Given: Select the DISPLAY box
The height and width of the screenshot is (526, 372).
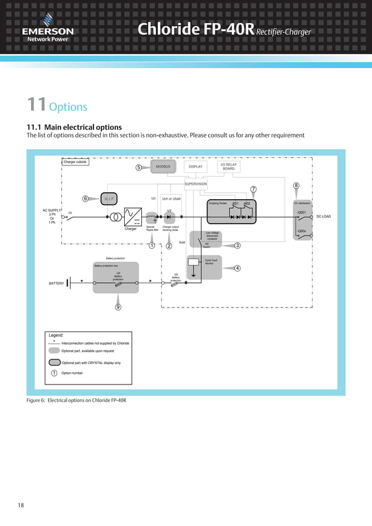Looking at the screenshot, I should coord(196,167).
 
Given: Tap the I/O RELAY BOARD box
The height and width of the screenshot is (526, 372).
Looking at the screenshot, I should coord(229,167).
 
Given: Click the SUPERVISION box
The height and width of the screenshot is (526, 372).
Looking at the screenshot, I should coord(195,184).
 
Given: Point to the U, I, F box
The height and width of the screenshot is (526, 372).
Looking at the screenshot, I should coord(108,199).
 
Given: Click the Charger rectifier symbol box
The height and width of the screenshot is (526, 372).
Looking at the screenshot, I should coord(134,217).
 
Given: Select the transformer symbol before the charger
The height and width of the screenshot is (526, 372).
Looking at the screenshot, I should coord(117,217).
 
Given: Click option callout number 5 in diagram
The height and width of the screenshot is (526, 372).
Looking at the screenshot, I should coord(139,168).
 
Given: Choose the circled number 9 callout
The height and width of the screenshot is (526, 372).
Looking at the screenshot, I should coord(118,307).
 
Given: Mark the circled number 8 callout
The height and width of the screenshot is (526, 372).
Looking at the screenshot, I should coord(296,186).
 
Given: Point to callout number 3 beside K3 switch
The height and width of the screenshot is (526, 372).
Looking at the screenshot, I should coord(237,245).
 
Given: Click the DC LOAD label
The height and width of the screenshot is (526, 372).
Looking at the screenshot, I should coord(323,217).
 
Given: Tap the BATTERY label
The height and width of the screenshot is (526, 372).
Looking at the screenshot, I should coord(56,283).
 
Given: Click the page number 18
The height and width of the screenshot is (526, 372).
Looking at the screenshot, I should coord(21,505).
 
